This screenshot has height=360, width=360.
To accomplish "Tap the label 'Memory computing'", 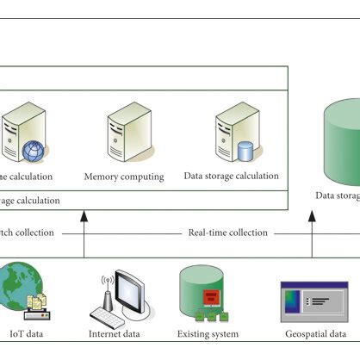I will click(124, 177).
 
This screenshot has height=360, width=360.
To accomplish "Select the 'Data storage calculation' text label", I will click(231, 176).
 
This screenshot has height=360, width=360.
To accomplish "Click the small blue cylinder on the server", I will click(245, 152).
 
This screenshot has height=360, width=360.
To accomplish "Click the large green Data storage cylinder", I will click(341, 142).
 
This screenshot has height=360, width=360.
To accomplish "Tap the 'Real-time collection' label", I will click(227, 233).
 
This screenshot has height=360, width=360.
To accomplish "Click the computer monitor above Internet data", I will click(136, 294).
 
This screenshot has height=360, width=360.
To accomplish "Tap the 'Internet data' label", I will click(121, 334).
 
